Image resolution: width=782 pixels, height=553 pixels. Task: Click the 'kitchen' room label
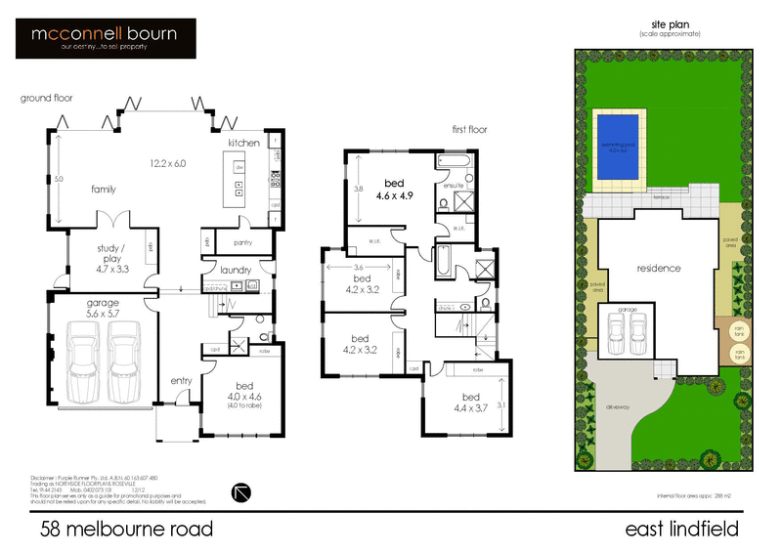pos(244,144)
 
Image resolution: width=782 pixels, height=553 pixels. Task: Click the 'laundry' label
pos(237,270)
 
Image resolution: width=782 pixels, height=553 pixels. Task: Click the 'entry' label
pos(182,380)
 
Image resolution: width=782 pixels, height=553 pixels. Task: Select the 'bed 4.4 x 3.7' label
pos(471,402)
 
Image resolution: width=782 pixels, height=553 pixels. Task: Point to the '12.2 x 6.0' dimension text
pos(167,163)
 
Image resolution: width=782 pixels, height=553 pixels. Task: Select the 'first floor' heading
pos(468,129)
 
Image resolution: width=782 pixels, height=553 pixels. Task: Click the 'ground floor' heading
pos(46,98)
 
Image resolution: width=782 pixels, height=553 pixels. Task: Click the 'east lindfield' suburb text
pos(681,530)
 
